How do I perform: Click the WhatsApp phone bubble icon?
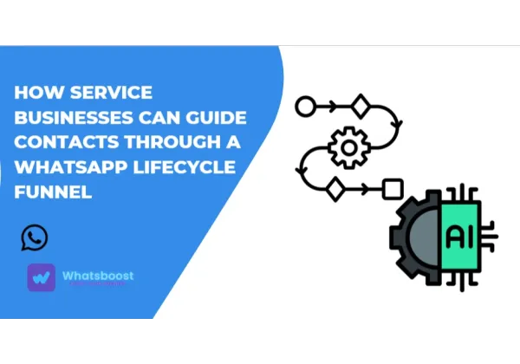(35, 237)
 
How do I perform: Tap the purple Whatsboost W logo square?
(41, 277)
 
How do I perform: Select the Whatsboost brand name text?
(98, 276)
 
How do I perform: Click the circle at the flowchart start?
(303, 107)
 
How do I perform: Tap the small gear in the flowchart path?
(349, 148)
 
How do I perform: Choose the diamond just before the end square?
(335, 187)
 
